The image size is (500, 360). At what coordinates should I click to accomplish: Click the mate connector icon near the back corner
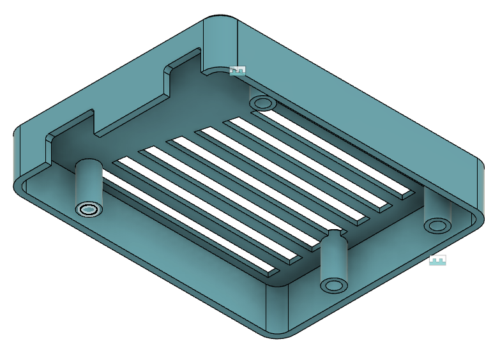coord(237,71)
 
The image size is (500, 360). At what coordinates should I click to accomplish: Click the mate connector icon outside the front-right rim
coord(437,260)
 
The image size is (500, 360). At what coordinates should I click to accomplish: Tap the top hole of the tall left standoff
coord(88,209)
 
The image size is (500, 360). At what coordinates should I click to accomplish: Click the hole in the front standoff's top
coord(333,284)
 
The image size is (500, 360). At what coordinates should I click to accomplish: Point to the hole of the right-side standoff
coord(437,225)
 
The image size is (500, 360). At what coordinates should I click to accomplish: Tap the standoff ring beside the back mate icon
coord(262,102)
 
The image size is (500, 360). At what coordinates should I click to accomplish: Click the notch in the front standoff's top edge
coord(333,232)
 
